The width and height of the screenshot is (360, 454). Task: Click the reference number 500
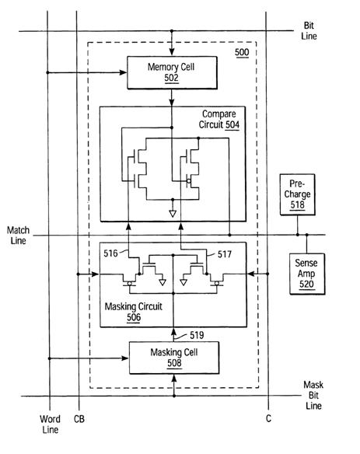[x=242, y=52]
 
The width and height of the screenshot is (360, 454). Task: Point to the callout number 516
[x=110, y=253]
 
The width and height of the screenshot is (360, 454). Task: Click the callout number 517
[x=225, y=254]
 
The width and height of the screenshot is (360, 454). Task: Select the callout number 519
[x=197, y=335]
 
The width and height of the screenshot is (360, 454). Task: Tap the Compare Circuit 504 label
[x=219, y=119]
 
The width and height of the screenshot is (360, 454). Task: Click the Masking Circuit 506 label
[x=134, y=312]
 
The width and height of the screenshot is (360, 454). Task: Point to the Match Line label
[x=18, y=236]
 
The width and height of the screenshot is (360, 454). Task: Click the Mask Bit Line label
[x=313, y=395]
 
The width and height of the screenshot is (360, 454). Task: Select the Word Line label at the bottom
[x=50, y=424]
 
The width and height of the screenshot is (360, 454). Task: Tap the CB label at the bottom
[x=79, y=419]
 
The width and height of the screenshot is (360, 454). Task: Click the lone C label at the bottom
[x=268, y=418]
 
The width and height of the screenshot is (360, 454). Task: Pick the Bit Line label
[x=309, y=30]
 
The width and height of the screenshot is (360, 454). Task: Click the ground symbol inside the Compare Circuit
[x=173, y=214]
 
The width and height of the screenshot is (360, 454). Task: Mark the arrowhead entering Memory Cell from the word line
[x=124, y=72]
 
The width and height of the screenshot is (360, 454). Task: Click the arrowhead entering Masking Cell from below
[x=174, y=378]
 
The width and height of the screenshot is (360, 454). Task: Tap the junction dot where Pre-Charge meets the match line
[x=298, y=235]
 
